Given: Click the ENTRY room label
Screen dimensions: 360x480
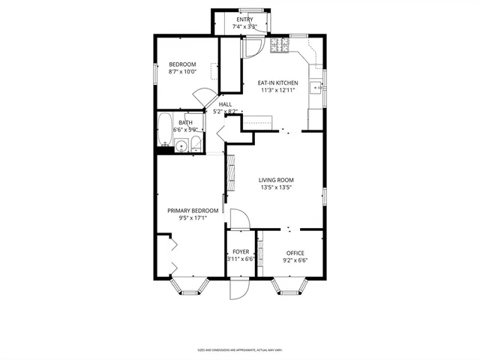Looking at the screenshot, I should pos(245,19).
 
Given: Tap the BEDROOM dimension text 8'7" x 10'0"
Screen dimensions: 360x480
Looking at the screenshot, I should pos(181,72).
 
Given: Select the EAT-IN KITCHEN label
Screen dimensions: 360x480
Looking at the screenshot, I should pos(278,82).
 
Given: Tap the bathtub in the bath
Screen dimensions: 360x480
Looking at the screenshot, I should pos(165,128).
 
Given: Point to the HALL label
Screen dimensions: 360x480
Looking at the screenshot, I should pos(225,104).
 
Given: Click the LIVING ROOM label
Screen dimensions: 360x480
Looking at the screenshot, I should pos(276,180).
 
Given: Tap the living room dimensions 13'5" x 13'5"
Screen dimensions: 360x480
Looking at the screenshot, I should pos(275,187).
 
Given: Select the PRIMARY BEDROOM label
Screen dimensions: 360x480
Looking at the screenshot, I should pos(193,211).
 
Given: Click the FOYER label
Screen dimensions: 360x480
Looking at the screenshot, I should pos(241,252).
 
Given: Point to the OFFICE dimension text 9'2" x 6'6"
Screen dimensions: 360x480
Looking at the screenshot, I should pos(295,260).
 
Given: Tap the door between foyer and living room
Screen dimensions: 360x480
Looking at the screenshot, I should pos(238,220).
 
